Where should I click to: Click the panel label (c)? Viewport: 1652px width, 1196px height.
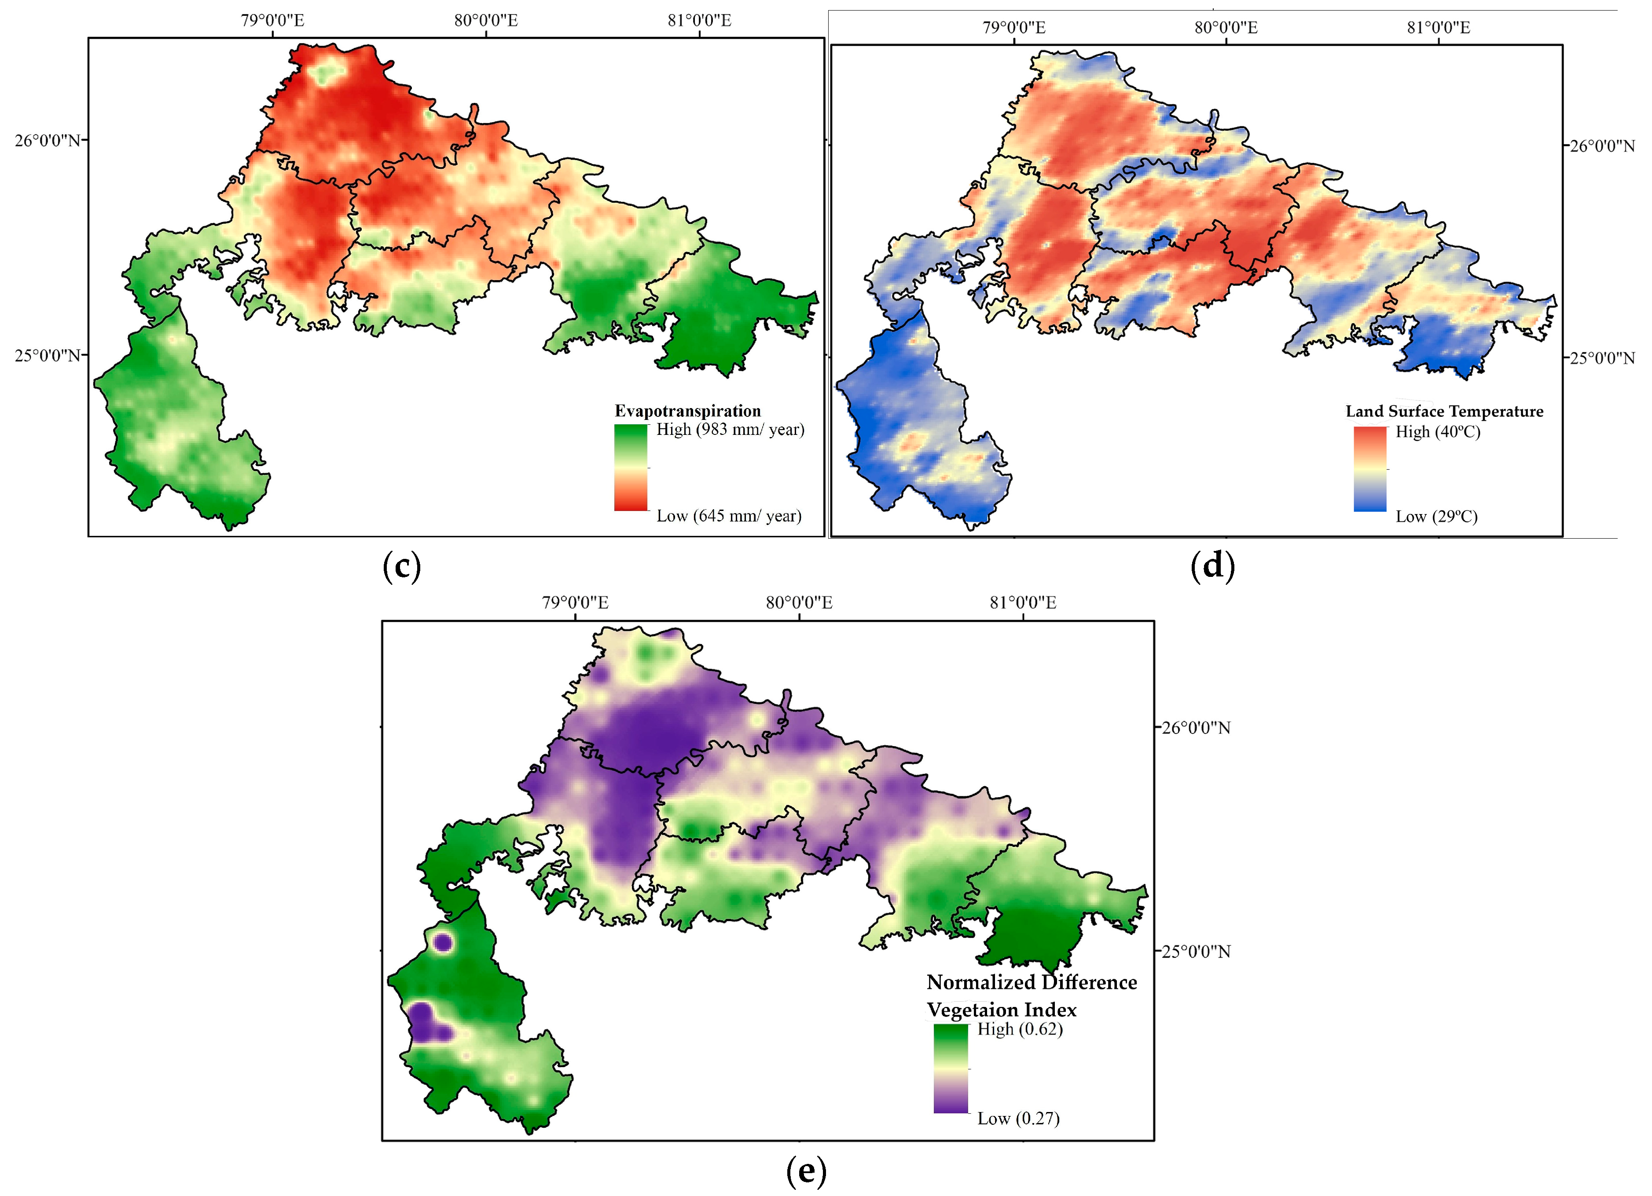tap(401, 566)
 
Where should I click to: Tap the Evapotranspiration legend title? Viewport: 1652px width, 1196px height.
tap(687, 411)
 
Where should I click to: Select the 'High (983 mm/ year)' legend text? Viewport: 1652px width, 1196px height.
tap(730, 430)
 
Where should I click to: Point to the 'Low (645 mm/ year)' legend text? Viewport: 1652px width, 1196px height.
tap(728, 516)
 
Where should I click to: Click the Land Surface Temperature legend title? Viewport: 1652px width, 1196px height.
tap(1444, 411)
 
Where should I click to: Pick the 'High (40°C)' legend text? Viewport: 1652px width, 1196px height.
tap(1437, 432)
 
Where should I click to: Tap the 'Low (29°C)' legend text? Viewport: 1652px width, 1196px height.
tap(1435, 517)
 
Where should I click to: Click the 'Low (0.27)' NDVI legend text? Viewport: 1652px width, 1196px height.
tap(1017, 1118)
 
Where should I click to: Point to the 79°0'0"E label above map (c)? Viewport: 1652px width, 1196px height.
tap(272, 20)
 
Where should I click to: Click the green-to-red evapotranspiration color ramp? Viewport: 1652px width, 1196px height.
tap(630, 467)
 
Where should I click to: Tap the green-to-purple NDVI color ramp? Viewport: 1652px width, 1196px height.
tap(951, 1068)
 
